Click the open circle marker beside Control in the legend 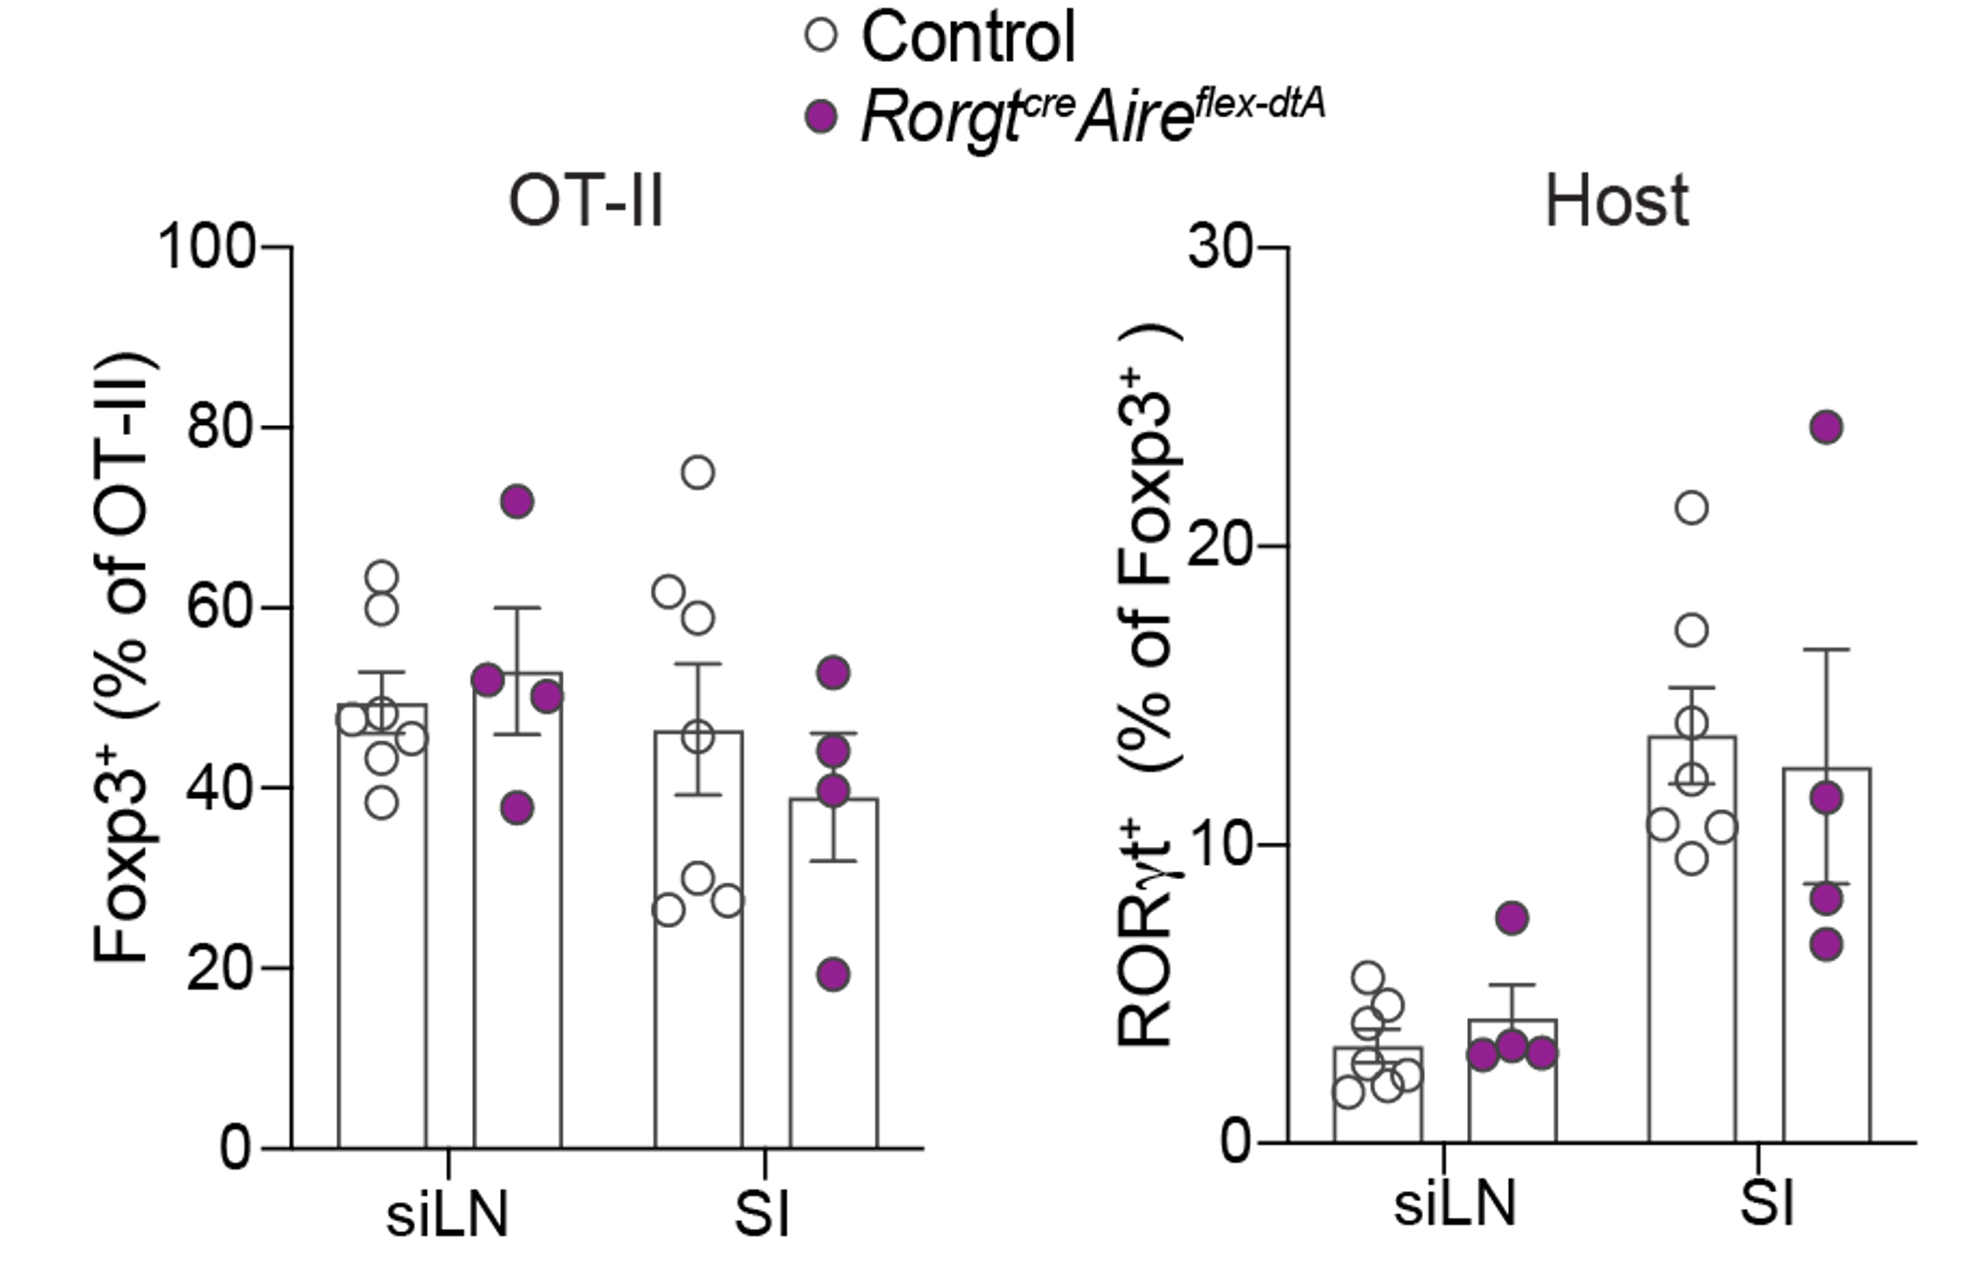point(821,36)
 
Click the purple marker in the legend point(821,117)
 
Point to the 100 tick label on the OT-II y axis point(208,246)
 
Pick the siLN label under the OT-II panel point(447,1215)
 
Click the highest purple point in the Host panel point(1826,427)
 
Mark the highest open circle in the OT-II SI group point(698,472)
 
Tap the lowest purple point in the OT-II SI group point(833,975)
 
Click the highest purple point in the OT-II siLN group point(517,502)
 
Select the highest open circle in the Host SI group point(1692,508)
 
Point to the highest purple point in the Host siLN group point(1513,918)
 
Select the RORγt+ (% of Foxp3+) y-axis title point(1148,688)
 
